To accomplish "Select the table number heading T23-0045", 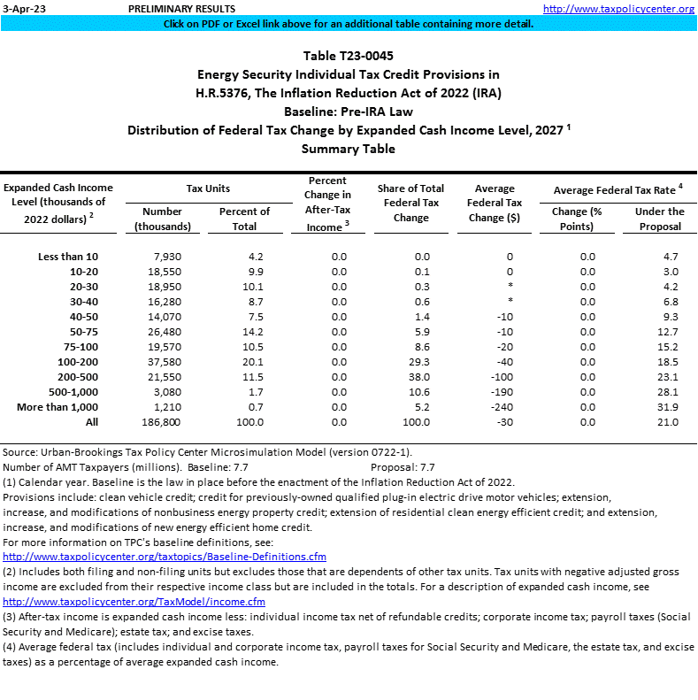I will [x=349, y=56].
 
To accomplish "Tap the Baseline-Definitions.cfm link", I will [x=165, y=557].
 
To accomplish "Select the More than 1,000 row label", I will [x=58, y=407].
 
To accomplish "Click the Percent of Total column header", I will [x=244, y=219].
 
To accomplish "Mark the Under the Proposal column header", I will [x=660, y=219].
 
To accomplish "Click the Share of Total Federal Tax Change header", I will [x=410, y=203].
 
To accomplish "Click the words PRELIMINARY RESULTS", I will [x=170, y=8].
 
